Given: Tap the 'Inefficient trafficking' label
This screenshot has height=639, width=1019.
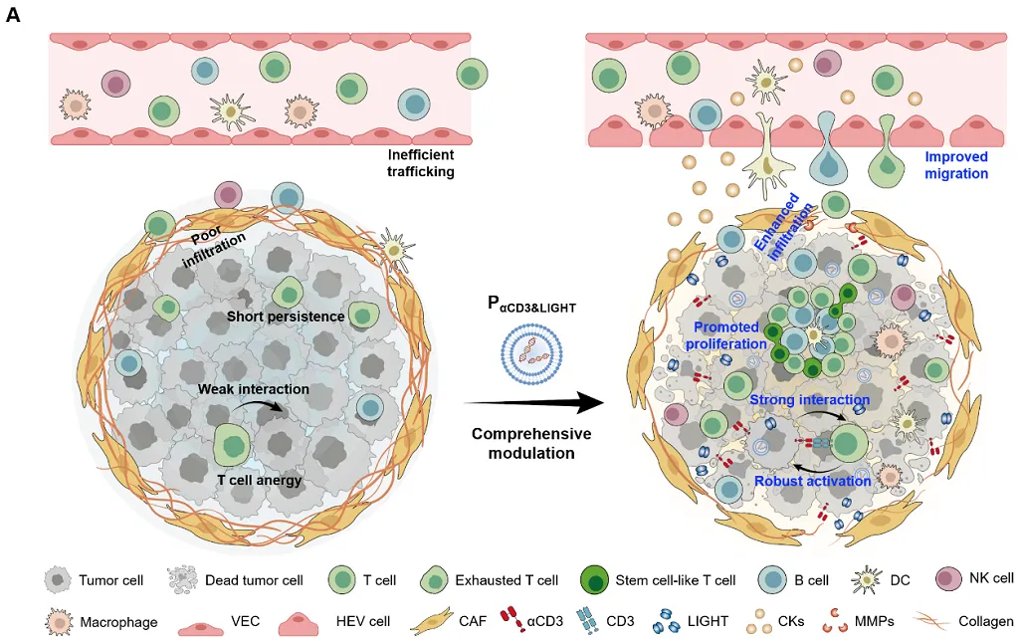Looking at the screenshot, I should [x=421, y=163].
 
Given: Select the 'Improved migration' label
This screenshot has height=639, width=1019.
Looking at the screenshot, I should [x=956, y=165].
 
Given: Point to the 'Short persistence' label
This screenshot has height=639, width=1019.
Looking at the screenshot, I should [x=286, y=317].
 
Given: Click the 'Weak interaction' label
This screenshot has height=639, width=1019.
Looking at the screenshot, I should [x=253, y=388].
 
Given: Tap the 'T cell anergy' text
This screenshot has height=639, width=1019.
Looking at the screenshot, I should [x=259, y=480].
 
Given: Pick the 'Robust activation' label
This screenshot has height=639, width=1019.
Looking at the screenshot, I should [x=812, y=481].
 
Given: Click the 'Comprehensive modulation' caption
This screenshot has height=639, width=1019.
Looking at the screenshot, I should [x=531, y=443].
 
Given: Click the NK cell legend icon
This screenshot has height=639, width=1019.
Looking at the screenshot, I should [x=951, y=579].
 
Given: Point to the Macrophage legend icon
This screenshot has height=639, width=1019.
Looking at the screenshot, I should [x=60, y=622].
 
